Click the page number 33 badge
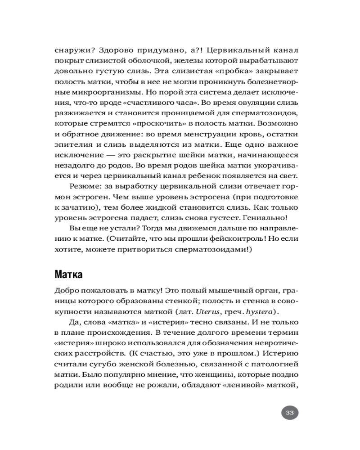pos(290,412)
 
